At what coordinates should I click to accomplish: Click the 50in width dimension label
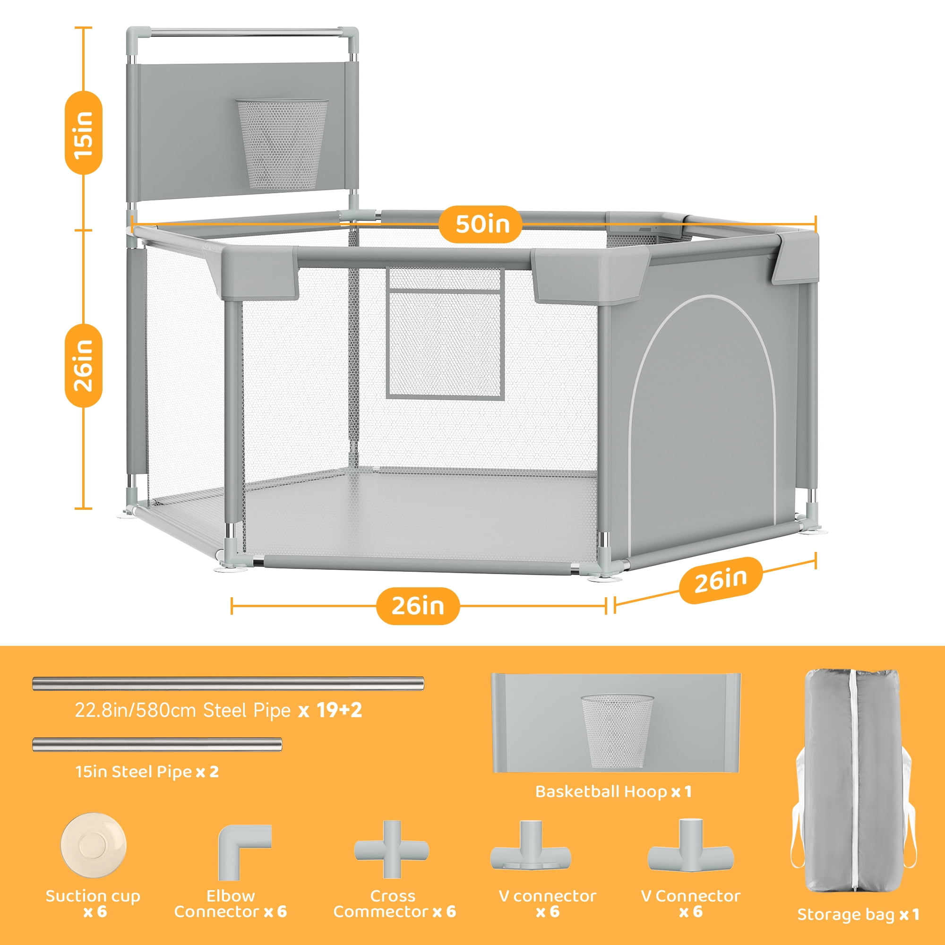(x=482, y=224)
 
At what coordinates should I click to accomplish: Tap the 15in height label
(x=84, y=133)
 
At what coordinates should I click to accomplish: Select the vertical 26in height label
(x=84, y=365)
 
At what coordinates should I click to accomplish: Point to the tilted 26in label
(x=721, y=580)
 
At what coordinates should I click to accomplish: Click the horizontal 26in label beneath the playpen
(x=418, y=606)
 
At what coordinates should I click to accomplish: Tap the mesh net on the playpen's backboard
(x=283, y=145)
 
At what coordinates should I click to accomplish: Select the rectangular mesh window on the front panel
(x=445, y=333)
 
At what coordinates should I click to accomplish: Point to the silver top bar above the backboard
(x=242, y=33)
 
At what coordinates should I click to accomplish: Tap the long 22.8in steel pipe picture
(x=228, y=683)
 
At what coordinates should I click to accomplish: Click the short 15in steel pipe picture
(x=157, y=745)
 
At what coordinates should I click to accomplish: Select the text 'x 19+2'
(x=330, y=710)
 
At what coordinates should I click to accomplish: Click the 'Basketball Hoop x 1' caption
(x=614, y=791)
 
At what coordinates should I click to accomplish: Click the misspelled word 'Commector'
(x=380, y=912)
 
